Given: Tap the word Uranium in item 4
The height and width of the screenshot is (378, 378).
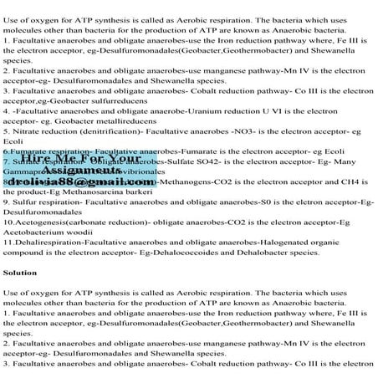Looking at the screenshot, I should click(215, 110).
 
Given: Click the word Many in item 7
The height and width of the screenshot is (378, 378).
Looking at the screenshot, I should click(360, 158).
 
